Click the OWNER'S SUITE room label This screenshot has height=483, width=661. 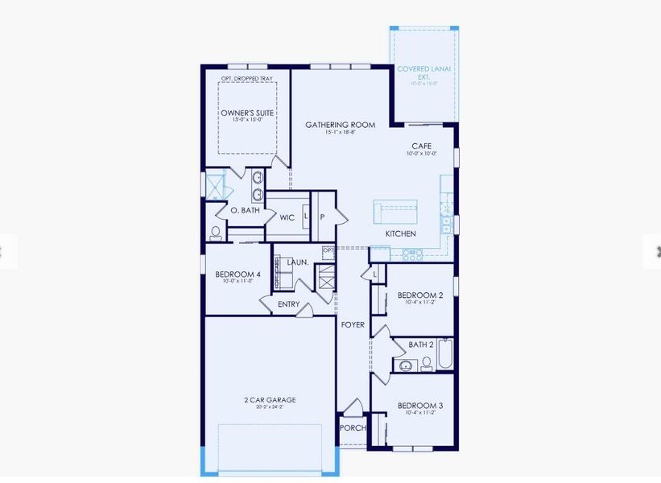point(247,113)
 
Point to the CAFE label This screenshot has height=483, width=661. point(423,146)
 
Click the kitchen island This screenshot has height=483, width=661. point(395,212)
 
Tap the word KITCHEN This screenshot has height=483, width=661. point(400,233)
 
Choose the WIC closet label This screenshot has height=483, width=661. point(287,217)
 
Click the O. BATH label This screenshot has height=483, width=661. point(245,210)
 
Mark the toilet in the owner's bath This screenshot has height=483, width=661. point(216,233)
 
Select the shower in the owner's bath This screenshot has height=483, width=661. point(214,186)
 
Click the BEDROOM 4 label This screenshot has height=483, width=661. point(238,274)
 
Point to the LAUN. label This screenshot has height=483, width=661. point(298,262)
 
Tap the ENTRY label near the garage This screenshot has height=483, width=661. point(288,304)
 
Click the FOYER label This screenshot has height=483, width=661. point(353,325)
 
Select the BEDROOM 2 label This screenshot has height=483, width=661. point(420,295)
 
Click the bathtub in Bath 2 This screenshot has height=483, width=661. point(445,354)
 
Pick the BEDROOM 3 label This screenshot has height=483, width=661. point(420,406)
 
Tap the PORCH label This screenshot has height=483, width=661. point(353,428)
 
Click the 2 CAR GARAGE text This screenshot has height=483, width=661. point(270,399)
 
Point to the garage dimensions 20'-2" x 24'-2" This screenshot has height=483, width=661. point(270,407)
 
